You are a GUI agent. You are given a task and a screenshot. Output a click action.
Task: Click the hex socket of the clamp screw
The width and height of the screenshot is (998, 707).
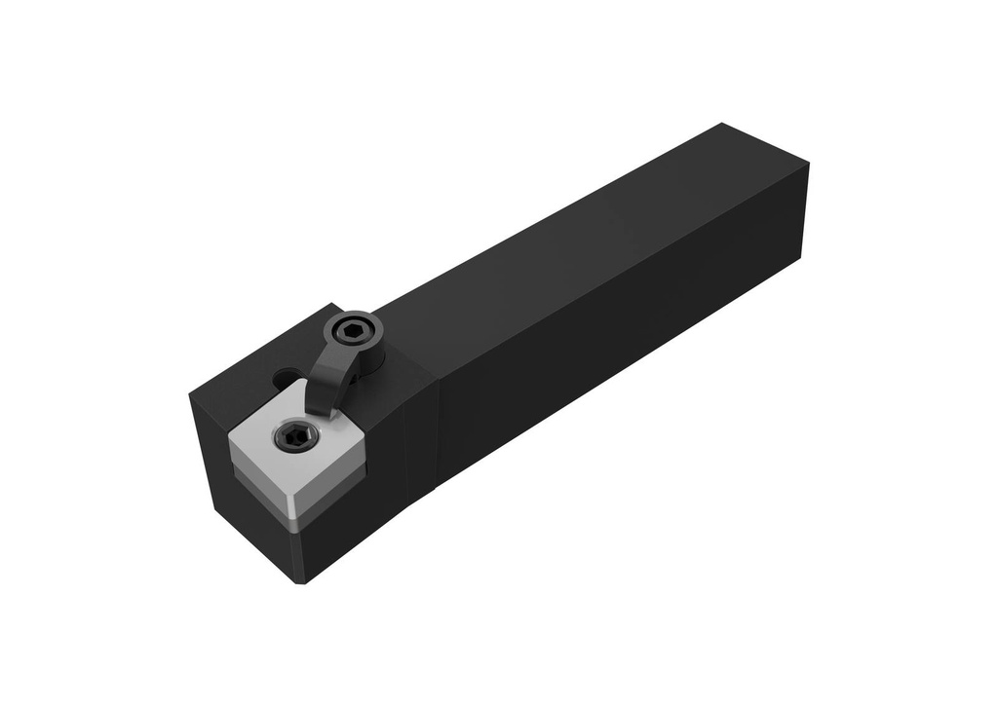[x=349, y=333]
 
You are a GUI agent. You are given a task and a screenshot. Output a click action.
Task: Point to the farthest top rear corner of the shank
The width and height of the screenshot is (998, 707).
[x=722, y=124]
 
